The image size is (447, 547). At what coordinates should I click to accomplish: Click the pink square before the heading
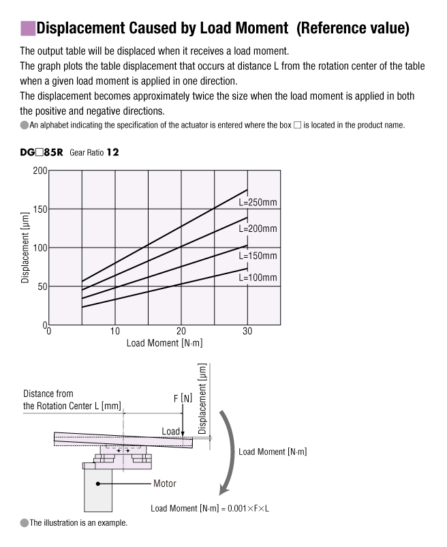[x=27, y=28]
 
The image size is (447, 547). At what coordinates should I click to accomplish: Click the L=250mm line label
[x=258, y=203]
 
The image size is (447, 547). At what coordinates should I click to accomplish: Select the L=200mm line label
[x=258, y=229]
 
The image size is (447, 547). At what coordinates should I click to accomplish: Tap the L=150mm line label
[x=258, y=256]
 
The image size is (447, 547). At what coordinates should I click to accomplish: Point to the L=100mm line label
[x=258, y=278]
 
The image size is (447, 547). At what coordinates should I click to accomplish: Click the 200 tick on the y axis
[x=40, y=171]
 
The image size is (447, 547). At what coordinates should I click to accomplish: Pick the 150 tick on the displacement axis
[x=40, y=209]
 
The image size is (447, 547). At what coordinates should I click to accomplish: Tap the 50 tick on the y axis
[x=42, y=286]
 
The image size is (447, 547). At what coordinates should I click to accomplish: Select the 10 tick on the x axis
[x=114, y=331]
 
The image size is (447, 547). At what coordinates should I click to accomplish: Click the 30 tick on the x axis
[x=247, y=331]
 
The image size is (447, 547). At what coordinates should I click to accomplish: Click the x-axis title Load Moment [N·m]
[x=164, y=343]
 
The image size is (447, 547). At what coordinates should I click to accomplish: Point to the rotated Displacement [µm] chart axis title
[x=25, y=248]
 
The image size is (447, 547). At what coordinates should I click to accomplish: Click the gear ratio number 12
[x=113, y=153]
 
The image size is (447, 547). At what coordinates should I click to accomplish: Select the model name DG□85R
[x=42, y=153]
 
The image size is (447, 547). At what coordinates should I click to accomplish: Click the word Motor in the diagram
[x=164, y=484]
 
